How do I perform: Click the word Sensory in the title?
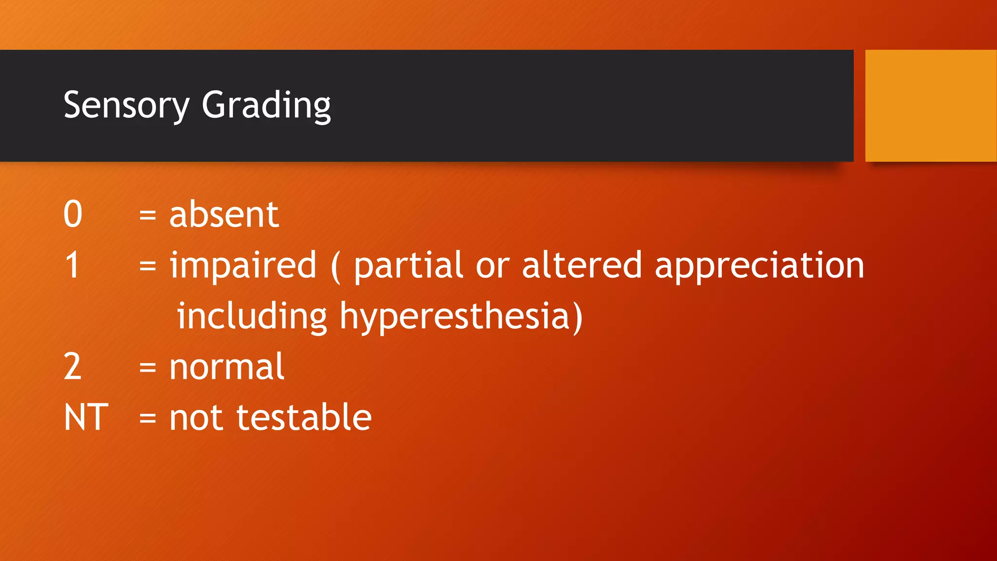click(x=126, y=106)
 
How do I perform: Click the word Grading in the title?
click(x=266, y=106)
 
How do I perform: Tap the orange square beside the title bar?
click(x=930, y=106)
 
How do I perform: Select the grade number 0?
click(x=73, y=214)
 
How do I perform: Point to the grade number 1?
click(x=73, y=265)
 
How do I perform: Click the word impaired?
click(x=243, y=265)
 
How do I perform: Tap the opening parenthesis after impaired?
click(x=335, y=267)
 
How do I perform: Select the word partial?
click(x=408, y=265)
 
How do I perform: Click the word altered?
click(x=582, y=265)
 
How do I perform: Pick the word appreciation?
click(x=759, y=267)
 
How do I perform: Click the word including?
click(x=252, y=317)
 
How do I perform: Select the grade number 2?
click(x=73, y=367)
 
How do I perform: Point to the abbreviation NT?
click(x=86, y=418)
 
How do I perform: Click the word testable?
click(x=304, y=418)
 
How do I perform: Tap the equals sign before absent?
click(x=148, y=215)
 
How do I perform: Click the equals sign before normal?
click(x=148, y=367)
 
